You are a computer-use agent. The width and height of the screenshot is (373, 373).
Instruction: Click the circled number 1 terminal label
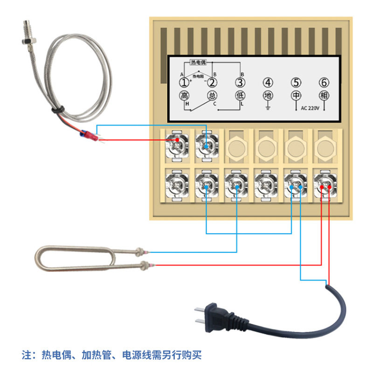click(x=185, y=83)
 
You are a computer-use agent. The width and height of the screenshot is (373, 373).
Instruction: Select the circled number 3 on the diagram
click(x=240, y=83)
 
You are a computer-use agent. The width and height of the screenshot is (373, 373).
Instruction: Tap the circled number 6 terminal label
click(x=324, y=83)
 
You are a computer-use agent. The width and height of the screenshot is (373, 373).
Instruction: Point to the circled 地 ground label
click(x=268, y=96)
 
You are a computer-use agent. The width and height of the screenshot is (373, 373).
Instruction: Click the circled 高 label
click(x=185, y=96)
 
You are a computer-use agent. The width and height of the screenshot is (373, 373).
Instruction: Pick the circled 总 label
click(x=212, y=96)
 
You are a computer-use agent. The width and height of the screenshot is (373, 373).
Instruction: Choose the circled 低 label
click(x=240, y=96)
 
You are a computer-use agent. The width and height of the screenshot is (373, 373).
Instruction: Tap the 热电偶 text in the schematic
click(x=198, y=62)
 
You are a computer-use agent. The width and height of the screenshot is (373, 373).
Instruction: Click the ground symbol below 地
click(x=268, y=107)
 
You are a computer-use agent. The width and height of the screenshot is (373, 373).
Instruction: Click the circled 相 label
click(x=324, y=96)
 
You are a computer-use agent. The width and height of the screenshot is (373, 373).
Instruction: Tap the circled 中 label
click(x=296, y=96)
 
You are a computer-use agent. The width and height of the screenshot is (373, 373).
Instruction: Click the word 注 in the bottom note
click(x=27, y=355)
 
